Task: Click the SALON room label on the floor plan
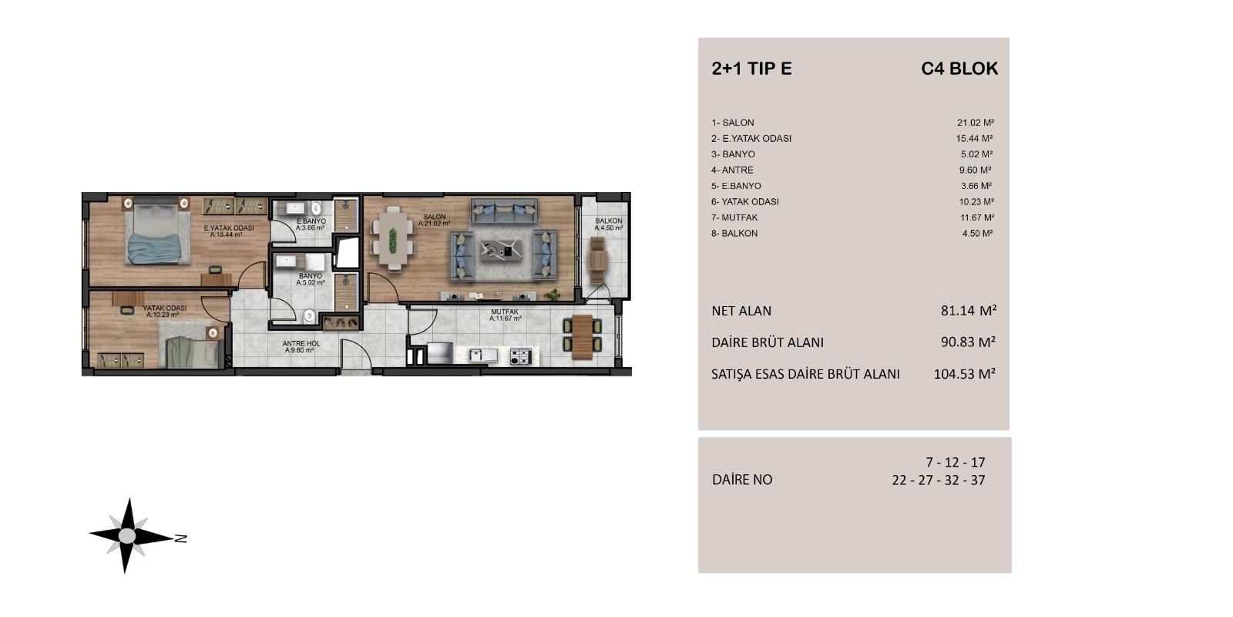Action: pyautogui.click(x=434, y=217)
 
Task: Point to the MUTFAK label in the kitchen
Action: pyautogui.click(x=505, y=312)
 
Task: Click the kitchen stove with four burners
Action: pyautogui.click(x=520, y=356)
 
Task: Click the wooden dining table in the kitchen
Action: pyautogui.click(x=582, y=336)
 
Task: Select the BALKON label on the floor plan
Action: pyautogui.click(x=608, y=221)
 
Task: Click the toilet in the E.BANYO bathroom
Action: pyautogui.click(x=316, y=208)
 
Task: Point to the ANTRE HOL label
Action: pyautogui.click(x=301, y=344)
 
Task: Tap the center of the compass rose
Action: pyautogui.click(x=128, y=535)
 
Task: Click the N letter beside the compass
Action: pyautogui.click(x=180, y=538)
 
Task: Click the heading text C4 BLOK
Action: pyautogui.click(x=959, y=69)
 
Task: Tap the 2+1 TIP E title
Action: pyautogui.click(x=751, y=69)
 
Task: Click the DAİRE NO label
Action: pyautogui.click(x=741, y=480)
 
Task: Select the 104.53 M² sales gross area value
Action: pyautogui.click(x=964, y=374)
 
